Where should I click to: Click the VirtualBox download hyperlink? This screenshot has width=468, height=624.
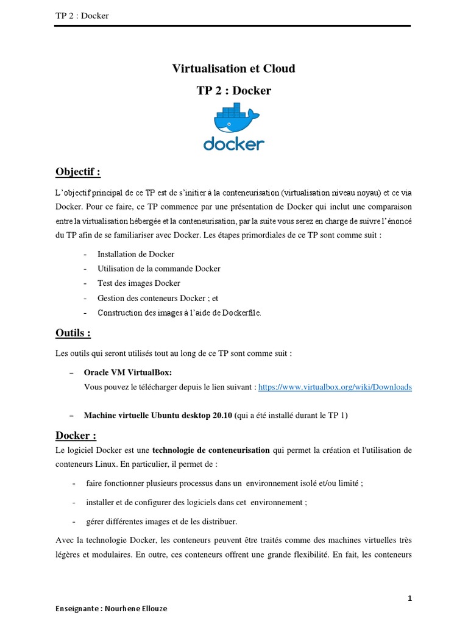click(335, 387)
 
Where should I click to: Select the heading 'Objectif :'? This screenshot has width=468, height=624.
click(78, 172)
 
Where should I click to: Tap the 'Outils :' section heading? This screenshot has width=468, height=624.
click(73, 333)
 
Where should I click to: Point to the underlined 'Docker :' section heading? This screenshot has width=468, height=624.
click(76, 436)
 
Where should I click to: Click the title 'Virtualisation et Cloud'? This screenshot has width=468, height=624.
click(234, 69)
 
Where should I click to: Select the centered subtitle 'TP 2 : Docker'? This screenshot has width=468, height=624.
click(234, 91)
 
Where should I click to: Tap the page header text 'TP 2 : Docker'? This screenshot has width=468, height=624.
click(82, 15)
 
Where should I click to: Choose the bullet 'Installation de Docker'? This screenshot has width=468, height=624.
click(136, 254)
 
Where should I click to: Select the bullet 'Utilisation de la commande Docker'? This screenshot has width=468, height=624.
click(158, 269)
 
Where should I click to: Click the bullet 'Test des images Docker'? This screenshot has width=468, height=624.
click(139, 283)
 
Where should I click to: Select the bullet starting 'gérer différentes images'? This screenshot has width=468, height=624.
click(161, 522)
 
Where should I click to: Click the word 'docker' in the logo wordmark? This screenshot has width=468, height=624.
click(234, 144)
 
